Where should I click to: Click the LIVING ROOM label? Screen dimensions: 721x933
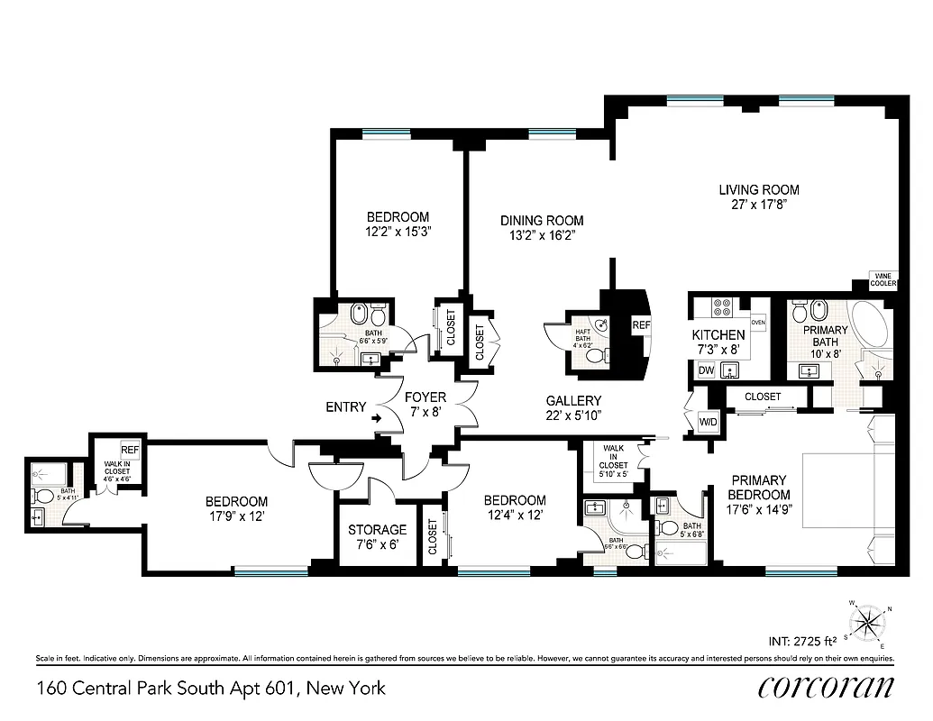pyautogui.click(x=758, y=189)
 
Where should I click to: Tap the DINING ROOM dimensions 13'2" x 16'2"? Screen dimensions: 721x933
pyautogui.click(x=542, y=235)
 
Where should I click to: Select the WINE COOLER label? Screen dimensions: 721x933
pyautogui.click(x=883, y=279)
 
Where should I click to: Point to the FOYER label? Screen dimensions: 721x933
pyautogui.click(x=425, y=397)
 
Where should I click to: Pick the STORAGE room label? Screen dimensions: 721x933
pyautogui.click(x=378, y=530)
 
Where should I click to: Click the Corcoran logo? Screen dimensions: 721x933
pyautogui.click(x=826, y=687)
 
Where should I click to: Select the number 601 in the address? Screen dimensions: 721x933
pyautogui.click(x=280, y=689)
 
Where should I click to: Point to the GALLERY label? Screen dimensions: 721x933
pyautogui.click(x=573, y=400)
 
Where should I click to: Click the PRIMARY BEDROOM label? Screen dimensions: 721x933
pyautogui.click(x=759, y=488)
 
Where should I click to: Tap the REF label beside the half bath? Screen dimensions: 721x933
pyautogui.click(x=641, y=325)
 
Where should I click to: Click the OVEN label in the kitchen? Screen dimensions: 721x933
pyautogui.click(x=758, y=322)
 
